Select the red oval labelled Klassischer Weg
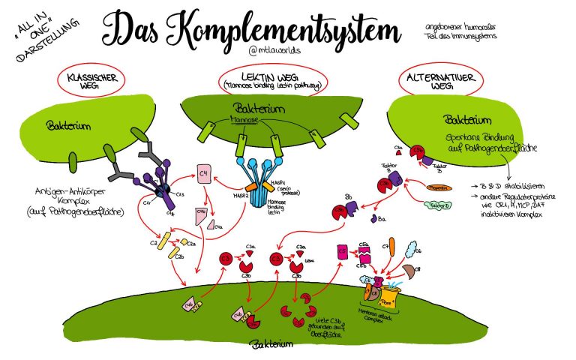point(94,81)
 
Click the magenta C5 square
point(343,253)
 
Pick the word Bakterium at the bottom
point(265,346)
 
